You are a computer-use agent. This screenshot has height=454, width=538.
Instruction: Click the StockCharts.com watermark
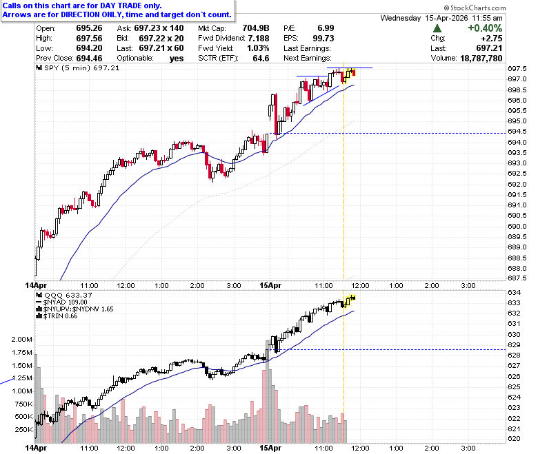tap(475, 8)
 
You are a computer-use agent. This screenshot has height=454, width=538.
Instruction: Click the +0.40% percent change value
tap(485, 28)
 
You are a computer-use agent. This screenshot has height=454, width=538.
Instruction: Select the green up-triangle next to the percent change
tap(437, 28)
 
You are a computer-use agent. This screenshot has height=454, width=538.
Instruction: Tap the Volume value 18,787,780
tap(481, 59)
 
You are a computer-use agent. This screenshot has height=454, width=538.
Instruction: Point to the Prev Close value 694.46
tap(89, 59)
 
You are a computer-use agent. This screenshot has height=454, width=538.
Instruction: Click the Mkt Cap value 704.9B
tap(256, 28)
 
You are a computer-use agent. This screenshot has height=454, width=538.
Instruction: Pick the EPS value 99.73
tap(323, 39)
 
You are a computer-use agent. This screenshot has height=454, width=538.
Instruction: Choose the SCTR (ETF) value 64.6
tap(261, 59)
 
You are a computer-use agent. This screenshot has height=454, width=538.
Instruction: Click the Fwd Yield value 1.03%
tap(258, 48)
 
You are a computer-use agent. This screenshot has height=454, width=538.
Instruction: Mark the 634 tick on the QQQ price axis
tap(514, 292)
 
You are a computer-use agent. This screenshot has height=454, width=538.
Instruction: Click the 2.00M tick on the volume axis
tap(22, 339)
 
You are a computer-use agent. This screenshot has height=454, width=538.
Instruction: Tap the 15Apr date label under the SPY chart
tap(270, 285)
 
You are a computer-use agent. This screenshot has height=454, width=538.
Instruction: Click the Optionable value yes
tap(177, 59)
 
